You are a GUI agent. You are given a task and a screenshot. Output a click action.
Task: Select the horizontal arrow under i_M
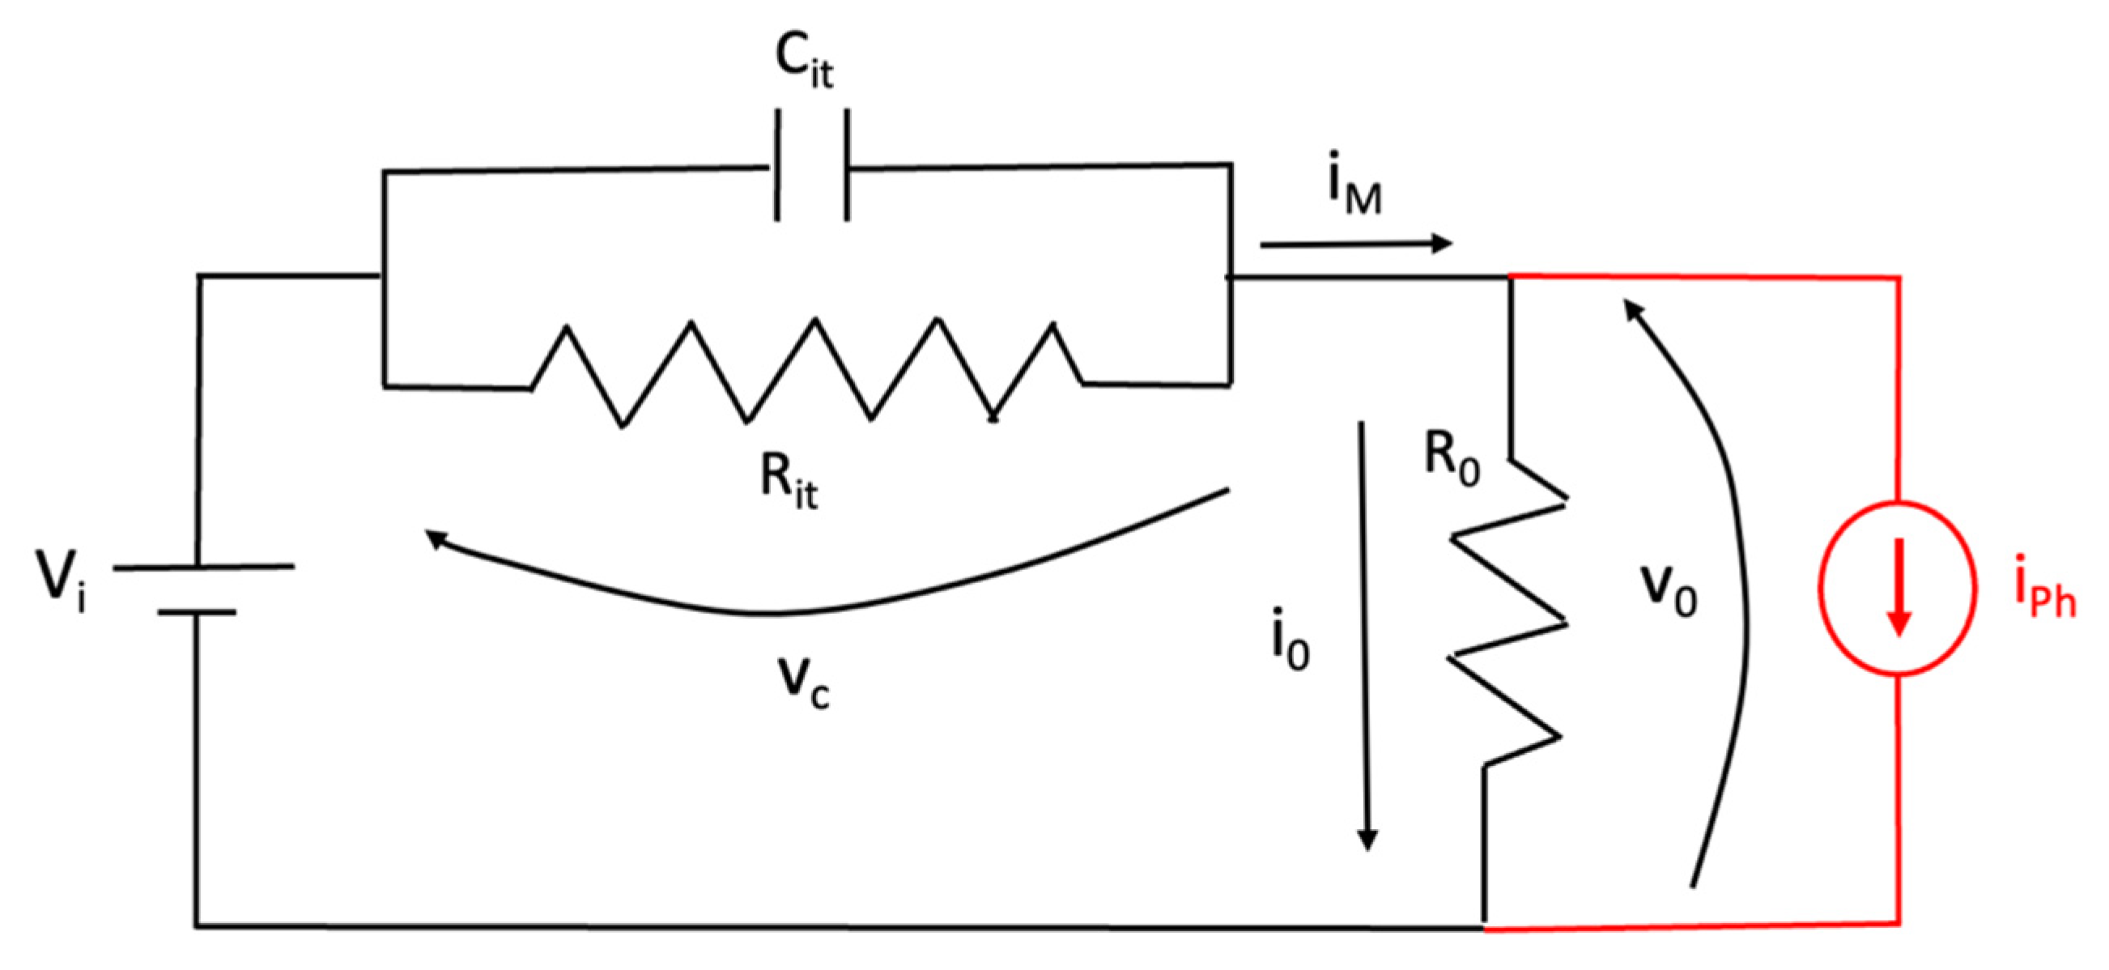[x=1355, y=243]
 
